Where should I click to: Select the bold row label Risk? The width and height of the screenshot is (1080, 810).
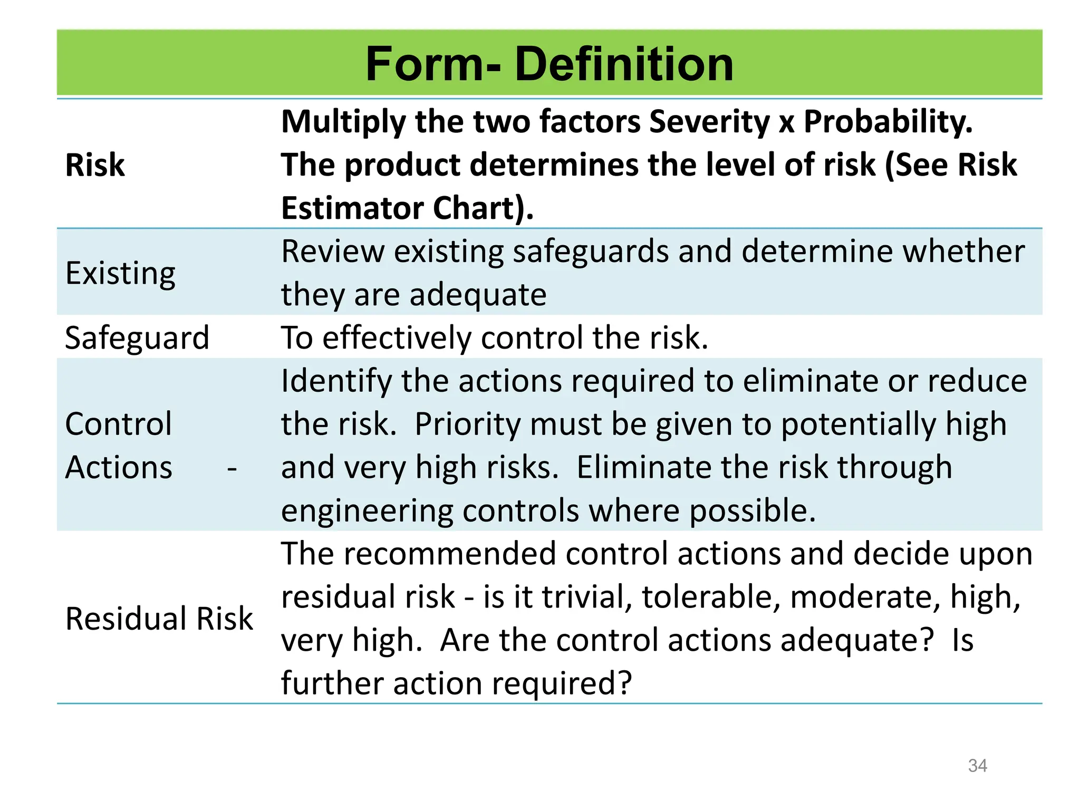click(x=95, y=165)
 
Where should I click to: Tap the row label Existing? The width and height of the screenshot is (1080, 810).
click(x=120, y=274)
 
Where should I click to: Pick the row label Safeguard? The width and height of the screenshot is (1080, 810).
click(x=137, y=337)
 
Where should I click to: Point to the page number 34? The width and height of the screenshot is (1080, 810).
click(x=977, y=765)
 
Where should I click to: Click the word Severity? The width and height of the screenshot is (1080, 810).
click(x=709, y=122)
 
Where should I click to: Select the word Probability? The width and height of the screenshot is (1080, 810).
click(x=888, y=122)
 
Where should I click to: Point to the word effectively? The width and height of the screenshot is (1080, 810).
click(x=397, y=337)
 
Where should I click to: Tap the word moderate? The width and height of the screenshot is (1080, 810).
click(x=865, y=597)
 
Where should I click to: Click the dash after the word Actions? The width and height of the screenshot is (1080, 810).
click(x=232, y=468)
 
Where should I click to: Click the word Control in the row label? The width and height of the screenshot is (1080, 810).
click(x=118, y=424)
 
